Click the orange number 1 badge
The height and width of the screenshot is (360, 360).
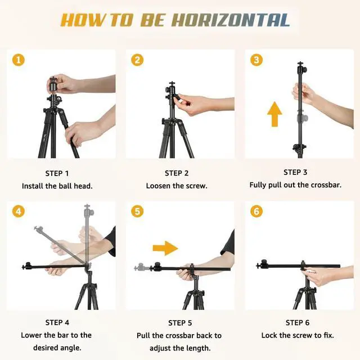pos(19,60)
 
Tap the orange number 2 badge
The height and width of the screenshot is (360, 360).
pos(137,60)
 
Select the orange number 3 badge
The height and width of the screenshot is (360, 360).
pos(256,60)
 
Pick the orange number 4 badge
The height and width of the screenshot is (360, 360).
pos(19,211)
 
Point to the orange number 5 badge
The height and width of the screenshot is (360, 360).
pos(137,211)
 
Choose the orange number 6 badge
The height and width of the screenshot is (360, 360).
pos(256,211)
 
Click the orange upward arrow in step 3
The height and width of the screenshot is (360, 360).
pos(274,114)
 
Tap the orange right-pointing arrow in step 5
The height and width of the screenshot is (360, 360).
pos(165,248)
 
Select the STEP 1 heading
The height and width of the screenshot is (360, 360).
pos(57,174)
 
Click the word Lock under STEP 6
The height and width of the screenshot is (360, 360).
pos(269,335)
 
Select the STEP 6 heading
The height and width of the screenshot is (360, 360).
pos(298,323)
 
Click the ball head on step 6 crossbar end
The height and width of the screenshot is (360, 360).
pos(263,265)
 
